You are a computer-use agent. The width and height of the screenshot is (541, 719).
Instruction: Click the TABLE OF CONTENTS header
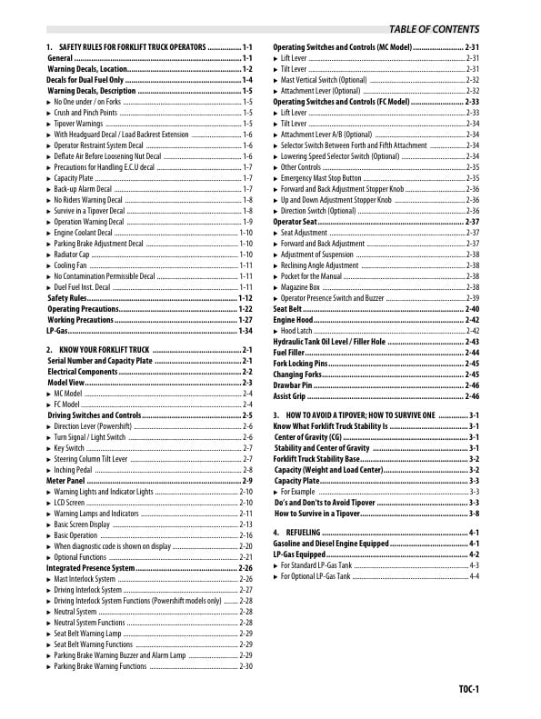click(x=434, y=29)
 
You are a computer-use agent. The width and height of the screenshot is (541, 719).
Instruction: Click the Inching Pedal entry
click(x=75, y=469)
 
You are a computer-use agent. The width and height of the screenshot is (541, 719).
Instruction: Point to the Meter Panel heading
click(x=66, y=480)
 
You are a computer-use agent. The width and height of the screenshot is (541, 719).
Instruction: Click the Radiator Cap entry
click(x=72, y=255)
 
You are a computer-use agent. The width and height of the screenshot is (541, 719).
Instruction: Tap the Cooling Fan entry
click(x=70, y=265)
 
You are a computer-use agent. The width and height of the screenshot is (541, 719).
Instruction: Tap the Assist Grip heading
click(x=290, y=396)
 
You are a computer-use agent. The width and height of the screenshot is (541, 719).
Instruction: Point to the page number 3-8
click(x=474, y=513)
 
